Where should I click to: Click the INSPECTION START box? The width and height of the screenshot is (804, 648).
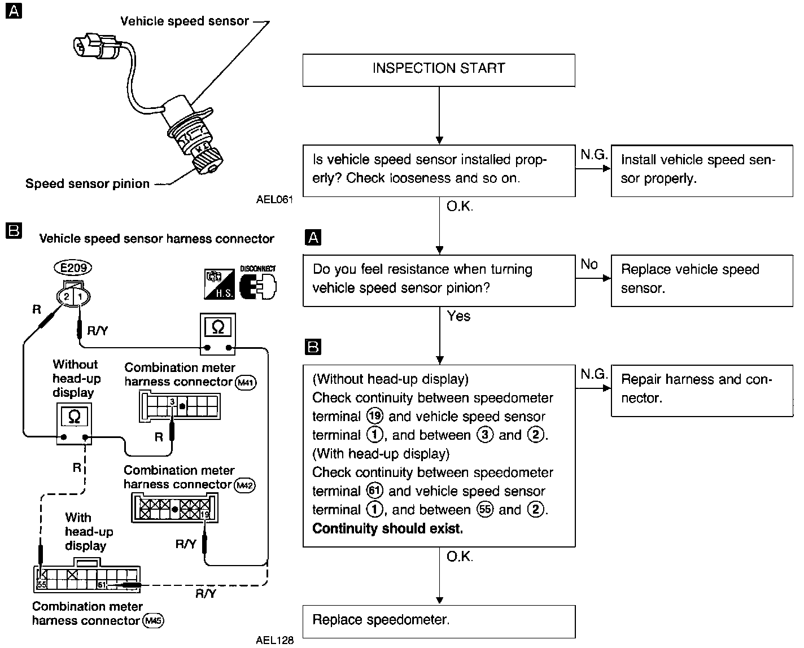point(439,70)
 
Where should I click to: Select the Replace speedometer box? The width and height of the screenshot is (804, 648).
point(439,621)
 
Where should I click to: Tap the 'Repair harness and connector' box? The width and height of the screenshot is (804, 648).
point(702,389)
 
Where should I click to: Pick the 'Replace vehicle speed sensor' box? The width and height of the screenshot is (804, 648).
point(702,280)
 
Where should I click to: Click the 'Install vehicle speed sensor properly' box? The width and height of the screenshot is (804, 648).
point(702,170)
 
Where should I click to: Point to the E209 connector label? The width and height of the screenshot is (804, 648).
point(73,267)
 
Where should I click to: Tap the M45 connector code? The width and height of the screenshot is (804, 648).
point(154,621)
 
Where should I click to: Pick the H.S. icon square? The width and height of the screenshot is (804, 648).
point(219,284)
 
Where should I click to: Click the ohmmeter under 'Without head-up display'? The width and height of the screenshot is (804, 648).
point(74,423)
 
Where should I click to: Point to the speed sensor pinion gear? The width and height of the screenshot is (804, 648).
point(207,163)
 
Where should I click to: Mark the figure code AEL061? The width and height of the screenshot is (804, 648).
point(274,199)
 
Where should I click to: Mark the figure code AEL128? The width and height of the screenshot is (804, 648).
point(274,640)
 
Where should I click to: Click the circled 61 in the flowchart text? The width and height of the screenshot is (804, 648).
point(374,491)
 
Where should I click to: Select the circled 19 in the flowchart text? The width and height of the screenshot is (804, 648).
point(374,417)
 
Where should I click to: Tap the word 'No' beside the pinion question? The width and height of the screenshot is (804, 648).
point(589,264)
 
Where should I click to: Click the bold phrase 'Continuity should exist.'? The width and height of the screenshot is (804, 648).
point(387,529)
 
